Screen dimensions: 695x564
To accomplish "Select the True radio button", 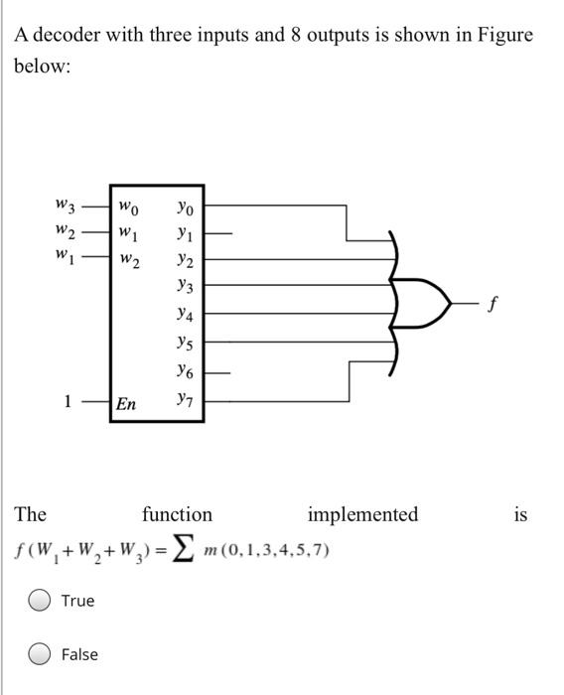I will [x=41, y=601].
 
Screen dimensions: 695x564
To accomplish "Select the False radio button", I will [x=41, y=653].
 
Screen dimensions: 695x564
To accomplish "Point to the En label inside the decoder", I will [x=127, y=404].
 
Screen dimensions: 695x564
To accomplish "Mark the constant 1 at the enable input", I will [x=68, y=402].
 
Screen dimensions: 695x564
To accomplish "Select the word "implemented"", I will [x=362, y=514].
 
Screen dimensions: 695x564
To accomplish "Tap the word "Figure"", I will [x=504, y=36].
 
